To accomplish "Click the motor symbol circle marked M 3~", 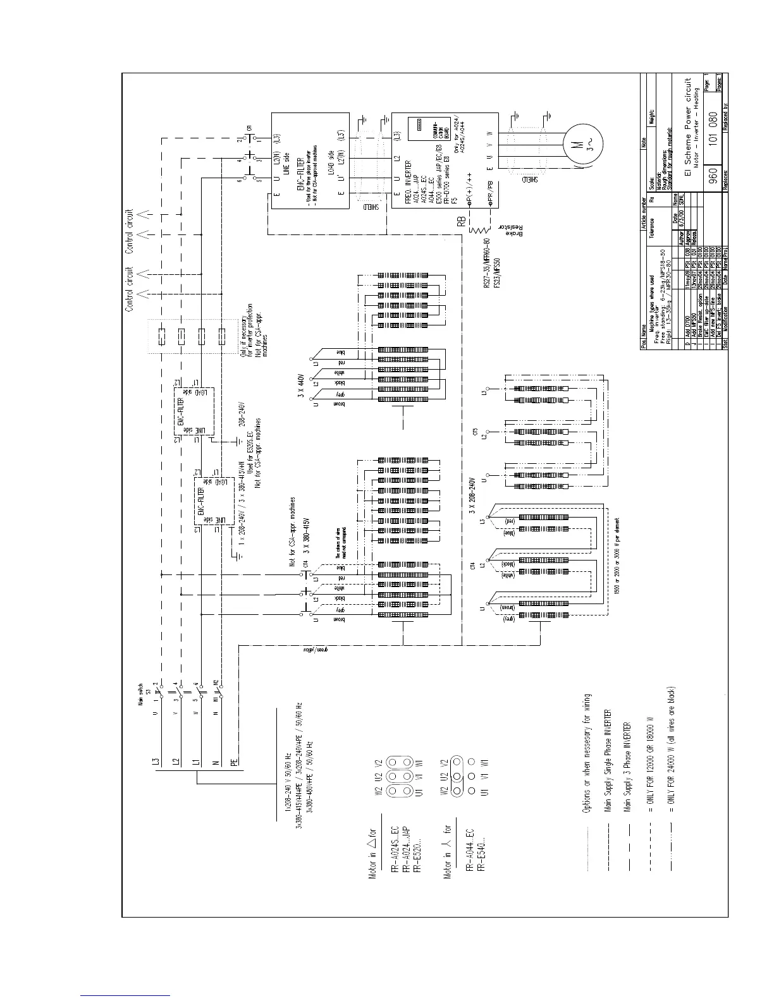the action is pos(577,143).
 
